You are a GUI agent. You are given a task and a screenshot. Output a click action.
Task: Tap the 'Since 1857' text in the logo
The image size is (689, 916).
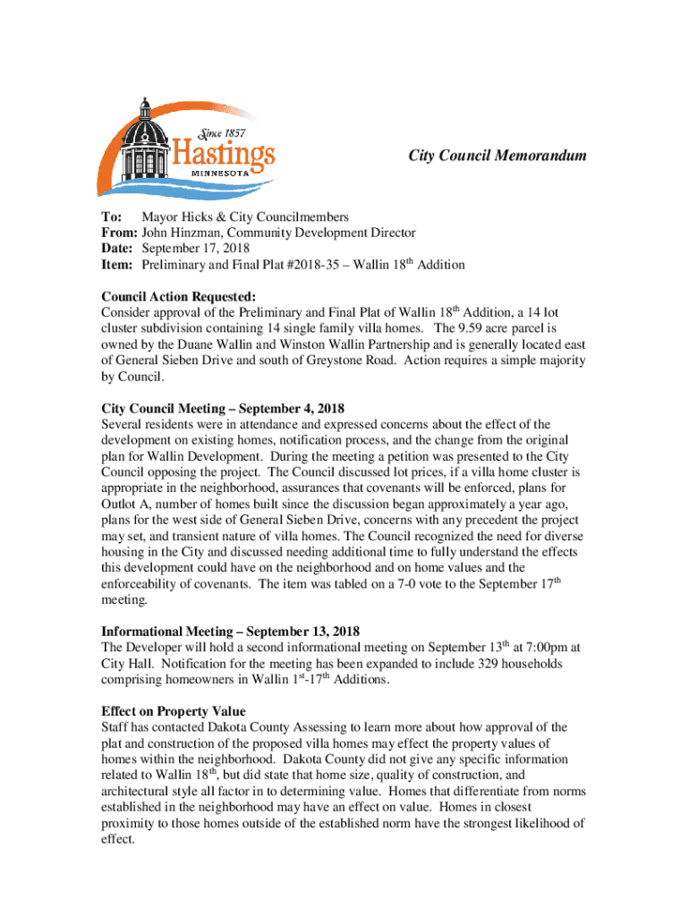click(224, 134)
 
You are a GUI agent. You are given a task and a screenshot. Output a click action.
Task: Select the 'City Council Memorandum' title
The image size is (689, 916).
click(498, 156)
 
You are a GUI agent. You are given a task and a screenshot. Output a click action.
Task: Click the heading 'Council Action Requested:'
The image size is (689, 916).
click(179, 295)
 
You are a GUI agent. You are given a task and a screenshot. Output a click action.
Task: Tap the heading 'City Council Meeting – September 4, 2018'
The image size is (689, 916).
click(223, 408)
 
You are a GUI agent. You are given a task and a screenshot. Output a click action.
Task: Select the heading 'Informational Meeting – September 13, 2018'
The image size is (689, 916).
click(231, 632)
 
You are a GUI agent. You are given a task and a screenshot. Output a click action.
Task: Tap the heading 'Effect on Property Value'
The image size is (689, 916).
click(174, 710)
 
